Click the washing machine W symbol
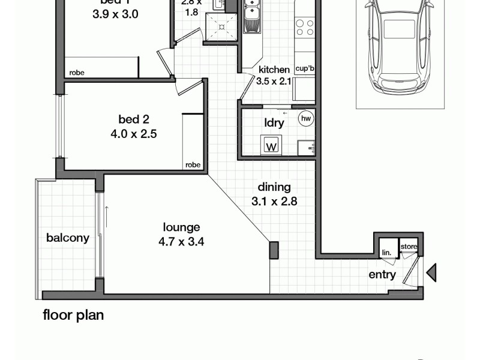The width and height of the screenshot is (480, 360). click(x=271, y=145)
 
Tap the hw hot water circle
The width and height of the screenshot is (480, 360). click(x=307, y=119)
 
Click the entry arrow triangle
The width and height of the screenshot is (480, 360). click(x=431, y=273)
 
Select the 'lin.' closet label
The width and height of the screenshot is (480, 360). click(x=386, y=253)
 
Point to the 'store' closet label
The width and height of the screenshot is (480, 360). click(x=409, y=246)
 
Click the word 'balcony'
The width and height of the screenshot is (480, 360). click(x=68, y=238)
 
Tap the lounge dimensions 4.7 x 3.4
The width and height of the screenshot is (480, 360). click(x=182, y=242)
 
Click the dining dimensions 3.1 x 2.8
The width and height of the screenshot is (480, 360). click(x=275, y=202)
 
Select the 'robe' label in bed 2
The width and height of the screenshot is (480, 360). click(x=193, y=164)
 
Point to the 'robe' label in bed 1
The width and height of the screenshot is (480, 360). click(x=77, y=73)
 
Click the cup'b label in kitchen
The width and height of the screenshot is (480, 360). click(x=305, y=69)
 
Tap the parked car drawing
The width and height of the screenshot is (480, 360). click(x=400, y=45)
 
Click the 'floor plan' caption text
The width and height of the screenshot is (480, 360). click(x=73, y=315)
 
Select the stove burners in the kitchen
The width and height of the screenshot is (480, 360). click(x=305, y=26)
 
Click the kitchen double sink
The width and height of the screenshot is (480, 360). click(x=251, y=18)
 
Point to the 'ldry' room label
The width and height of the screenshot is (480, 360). click(x=274, y=122)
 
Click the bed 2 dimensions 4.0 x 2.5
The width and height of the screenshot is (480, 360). click(x=134, y=134)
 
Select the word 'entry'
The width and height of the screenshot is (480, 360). click(x=382, y=275)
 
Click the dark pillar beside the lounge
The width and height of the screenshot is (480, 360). click(x=274, y=250)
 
